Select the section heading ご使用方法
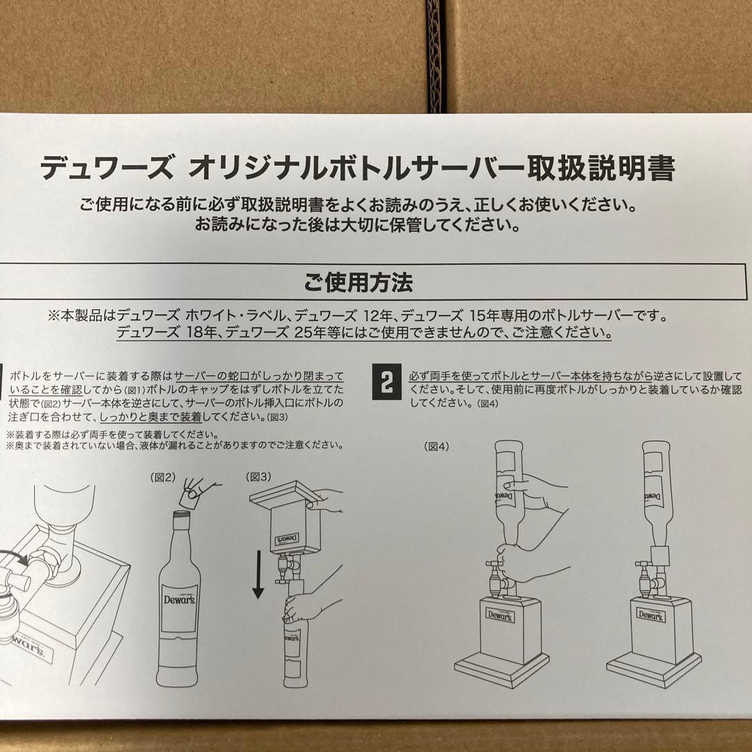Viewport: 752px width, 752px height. pyautogui.click(x=358, y=282)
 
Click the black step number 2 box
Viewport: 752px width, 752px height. pyautogui.click(x=386, y=382)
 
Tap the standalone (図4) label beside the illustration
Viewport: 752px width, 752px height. pyautogui.click(x=437, y=447)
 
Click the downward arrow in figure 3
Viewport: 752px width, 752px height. pyautogui.click(x=258, y=574)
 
